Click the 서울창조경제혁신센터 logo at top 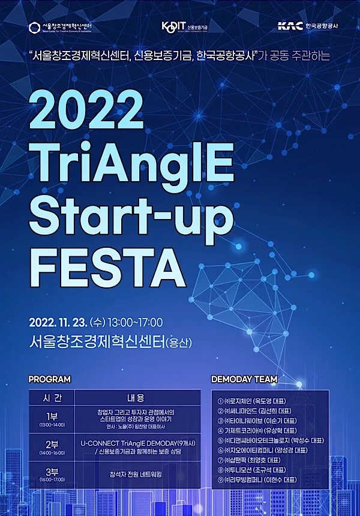point(65,27)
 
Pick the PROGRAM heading point(49,379)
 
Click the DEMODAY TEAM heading point(244,379)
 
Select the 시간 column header point(51,398)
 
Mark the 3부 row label point(51,471)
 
